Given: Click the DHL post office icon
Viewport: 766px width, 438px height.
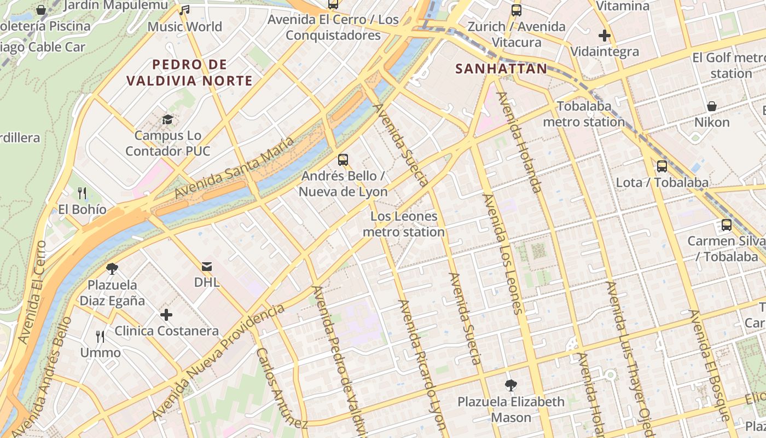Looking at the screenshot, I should pyautogui.click(x=207, y=267).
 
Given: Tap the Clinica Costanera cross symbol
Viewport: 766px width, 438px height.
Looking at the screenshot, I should pyautogui.click(x=166, y=315).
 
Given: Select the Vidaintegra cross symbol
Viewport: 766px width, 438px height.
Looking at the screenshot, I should pyautogui.click(x=605, y=36).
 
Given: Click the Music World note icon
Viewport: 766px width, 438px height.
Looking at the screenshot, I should pyautogui.click(x=185, y=10).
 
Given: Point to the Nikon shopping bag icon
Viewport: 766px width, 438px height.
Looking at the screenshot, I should pyautogui.click(x=712, y=106).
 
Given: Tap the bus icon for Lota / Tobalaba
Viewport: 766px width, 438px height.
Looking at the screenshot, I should pyautogui.click(x=662, y=166).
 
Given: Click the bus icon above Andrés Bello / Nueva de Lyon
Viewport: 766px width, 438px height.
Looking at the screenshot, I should pyautogui.click(x=343, y=160).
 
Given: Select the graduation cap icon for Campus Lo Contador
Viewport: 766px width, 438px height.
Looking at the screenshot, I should pyautogui.click(x=167, y=119).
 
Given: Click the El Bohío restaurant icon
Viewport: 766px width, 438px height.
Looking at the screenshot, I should pyautogui.click(x=82, y=193).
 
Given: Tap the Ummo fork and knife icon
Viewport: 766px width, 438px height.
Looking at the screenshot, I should pyautogui.click(x=100, y=336).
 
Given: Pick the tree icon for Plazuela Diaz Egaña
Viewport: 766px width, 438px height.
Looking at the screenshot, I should pyautogui.click(x=112, y=269).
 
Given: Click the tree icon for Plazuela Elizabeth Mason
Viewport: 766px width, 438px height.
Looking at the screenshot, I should pyautogui.click(x=511, y=385).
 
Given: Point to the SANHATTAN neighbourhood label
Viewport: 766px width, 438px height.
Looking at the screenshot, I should pyautogui.click(x=501, y=69).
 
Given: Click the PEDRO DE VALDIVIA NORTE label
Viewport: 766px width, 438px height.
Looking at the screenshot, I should pyautogui.click(x=189, y=73).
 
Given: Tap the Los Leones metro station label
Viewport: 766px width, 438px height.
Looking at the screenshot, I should pyautogui.click(x=404, y=224).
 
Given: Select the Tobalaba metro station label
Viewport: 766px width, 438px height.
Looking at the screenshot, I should pyautogui.click(x=584, y=114).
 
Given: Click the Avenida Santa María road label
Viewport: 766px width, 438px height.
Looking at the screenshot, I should pyautogui.click(x=234, y=168).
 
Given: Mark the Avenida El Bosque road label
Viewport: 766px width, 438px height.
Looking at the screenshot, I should pyautogui.click(x=710, y=365).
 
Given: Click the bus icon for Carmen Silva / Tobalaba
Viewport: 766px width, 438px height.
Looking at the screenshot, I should pyautogui.click(x=727, y=225).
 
